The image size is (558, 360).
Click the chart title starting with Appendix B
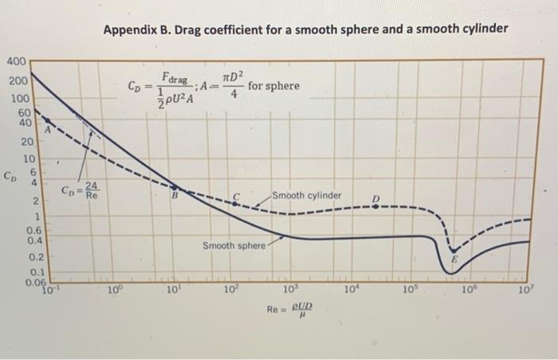[x=305, y=29]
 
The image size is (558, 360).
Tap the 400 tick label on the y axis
[x=18, y=61]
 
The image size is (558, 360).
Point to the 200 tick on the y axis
[x=18, y=81]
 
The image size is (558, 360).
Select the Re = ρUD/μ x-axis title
[x=292, y=309]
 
